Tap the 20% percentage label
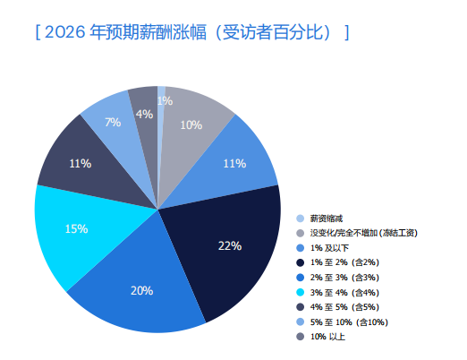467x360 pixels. click(142, 291)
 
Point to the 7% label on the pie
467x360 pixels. click(113, 122)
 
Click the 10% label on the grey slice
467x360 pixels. click(191, 125)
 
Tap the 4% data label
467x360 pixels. click(143, 114)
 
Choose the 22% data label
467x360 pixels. click(230, 245)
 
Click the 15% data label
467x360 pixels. click(76, 229)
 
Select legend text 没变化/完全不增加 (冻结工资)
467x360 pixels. click(362, 233)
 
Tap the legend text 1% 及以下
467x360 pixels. click(330, 247)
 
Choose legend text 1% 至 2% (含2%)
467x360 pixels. click(344, 262)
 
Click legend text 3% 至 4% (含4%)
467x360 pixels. click(344, 292)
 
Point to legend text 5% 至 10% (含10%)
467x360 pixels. click(347, 321)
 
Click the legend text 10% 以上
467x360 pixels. click(327, 337)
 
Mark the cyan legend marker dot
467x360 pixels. click(300, 292)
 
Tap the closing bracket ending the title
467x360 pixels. click(346, 33)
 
